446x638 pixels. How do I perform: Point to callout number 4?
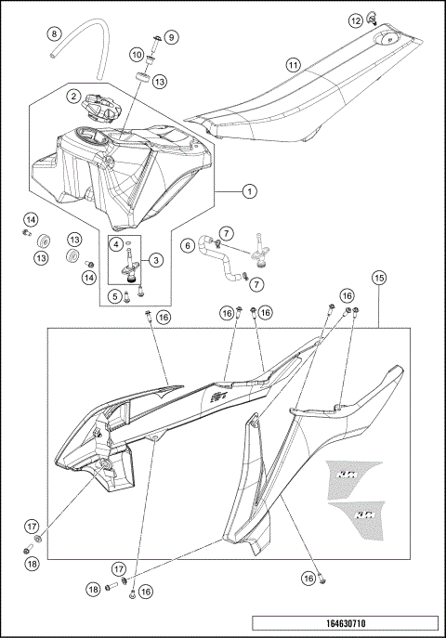click(x=117, y=243)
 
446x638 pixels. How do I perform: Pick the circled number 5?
click(x=117, y=296)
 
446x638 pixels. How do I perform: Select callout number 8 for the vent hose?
click(x=54, y=34)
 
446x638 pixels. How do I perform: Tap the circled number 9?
click(x=172, y=36)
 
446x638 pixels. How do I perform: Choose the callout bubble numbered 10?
click(x=136, y=54)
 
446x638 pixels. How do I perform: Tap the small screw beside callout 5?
click(x=138, y=292)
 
